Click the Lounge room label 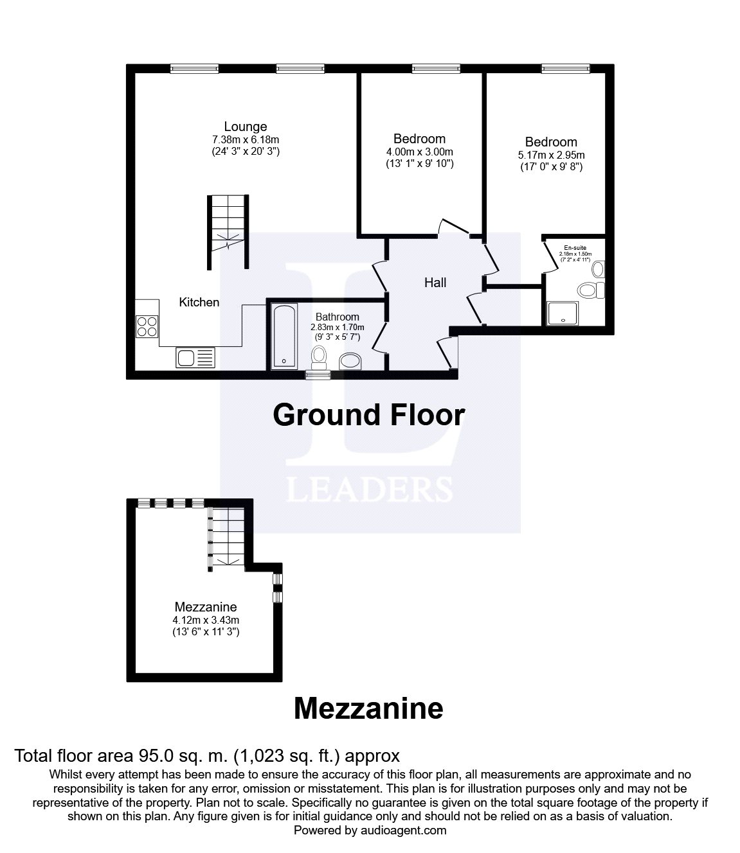245,127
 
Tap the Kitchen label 199,302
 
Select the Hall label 435,283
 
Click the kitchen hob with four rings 147,327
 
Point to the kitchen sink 195,357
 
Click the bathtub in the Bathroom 284,337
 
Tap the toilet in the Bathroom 318,356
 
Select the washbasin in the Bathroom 350,362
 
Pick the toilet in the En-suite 590,290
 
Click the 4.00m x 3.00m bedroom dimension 419,152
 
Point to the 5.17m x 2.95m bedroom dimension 551,155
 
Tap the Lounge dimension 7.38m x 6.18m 245,139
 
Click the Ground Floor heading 368,415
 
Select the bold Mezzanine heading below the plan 368,708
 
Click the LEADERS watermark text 369,489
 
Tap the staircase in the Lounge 227,231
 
